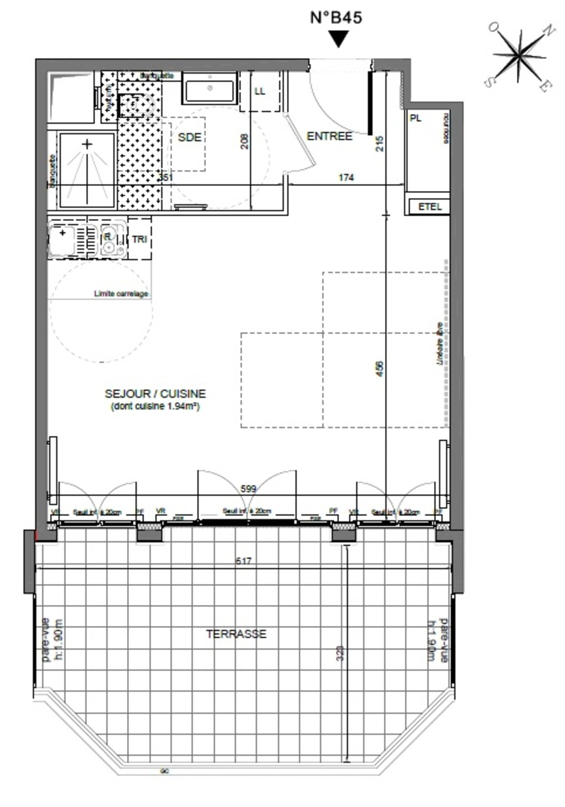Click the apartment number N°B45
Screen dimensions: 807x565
coord(336,18)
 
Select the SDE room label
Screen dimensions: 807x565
coord(189,137)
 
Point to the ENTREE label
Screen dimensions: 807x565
coord(329,136)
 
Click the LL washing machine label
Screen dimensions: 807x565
coord(260,91)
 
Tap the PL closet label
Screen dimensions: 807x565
coord(416,118)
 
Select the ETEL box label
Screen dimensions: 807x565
coord(430,207)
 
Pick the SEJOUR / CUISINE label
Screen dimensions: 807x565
coord(155,394)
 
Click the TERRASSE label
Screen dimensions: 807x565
coord(236,634)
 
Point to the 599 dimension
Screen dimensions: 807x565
coord(248,489)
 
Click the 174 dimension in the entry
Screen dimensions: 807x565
coord(346,178)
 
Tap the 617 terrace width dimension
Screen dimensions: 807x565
coord(243,561)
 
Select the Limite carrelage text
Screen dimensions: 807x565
coord(121,293)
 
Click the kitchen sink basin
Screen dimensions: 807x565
coord(62,240)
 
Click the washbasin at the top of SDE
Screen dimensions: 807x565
coord(210,88)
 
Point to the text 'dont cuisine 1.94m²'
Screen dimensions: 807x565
coord(155,406)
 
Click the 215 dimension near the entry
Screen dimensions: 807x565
coord(379,144)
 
